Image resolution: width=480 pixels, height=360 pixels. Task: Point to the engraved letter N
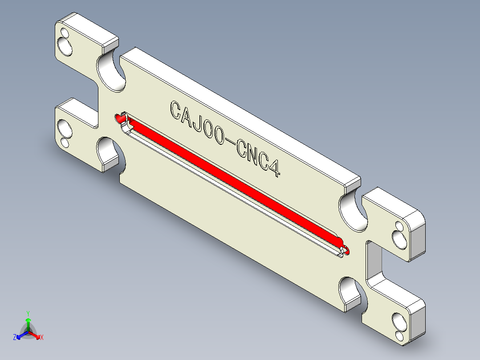click(x=252, y=155)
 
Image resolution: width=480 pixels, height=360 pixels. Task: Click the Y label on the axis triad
click(x=28, y=313)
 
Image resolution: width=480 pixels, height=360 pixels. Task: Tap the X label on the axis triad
click(x=42, y=337)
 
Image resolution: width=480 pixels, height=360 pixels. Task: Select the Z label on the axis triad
click(x=15, y=337)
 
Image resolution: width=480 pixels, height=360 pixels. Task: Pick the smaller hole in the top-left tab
click(x=63, y=33)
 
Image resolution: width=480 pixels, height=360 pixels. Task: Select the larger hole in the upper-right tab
click(x=400, y=241)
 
